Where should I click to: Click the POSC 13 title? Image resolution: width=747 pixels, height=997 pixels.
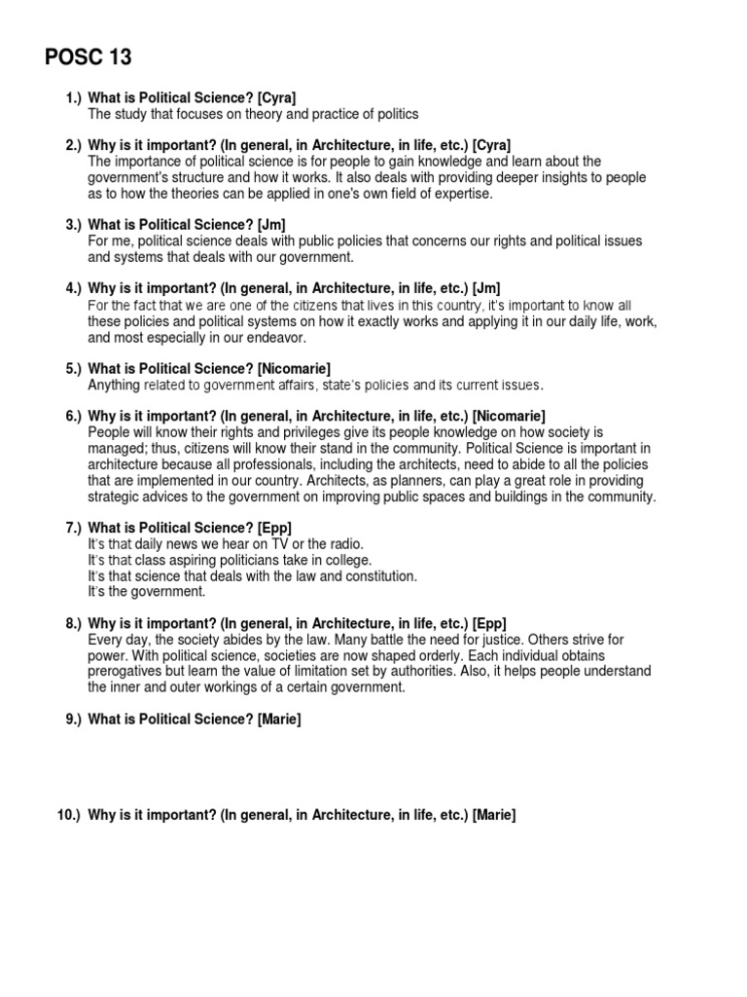89,57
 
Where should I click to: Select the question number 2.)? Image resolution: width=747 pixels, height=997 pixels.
73,145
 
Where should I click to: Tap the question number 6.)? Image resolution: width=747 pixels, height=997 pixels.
73,416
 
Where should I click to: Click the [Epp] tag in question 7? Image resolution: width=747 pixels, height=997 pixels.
274,528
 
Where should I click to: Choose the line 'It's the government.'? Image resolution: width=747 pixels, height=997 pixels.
147,591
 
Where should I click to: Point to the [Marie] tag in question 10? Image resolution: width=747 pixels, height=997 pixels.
494,815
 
